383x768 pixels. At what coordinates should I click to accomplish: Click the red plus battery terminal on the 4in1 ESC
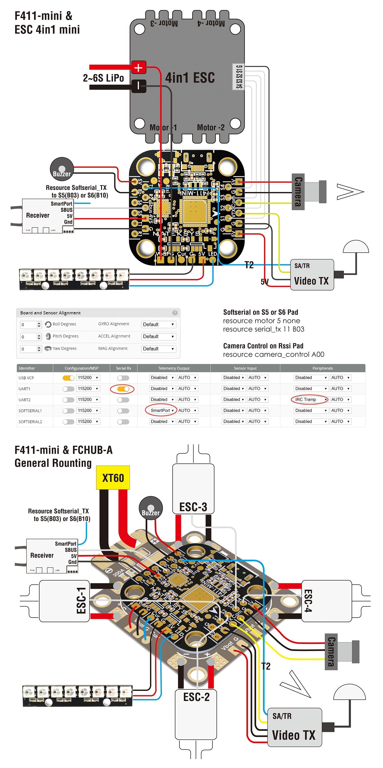[139, 68]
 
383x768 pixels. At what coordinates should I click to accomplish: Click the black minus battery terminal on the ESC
[139, 86]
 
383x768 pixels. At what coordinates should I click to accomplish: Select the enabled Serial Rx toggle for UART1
[123, 389]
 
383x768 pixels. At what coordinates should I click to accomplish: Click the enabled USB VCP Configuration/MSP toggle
[68, 378]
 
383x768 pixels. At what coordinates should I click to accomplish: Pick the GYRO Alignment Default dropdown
[159, 324]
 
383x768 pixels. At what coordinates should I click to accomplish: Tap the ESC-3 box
[193, 489]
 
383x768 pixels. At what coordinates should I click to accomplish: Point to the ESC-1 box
[64, 601]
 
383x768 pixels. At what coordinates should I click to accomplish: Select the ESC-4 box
[326, 601]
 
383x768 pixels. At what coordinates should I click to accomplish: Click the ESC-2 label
[196, 697]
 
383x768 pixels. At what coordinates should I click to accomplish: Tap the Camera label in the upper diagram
[298, 192]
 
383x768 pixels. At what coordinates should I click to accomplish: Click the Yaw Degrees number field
[28, 349]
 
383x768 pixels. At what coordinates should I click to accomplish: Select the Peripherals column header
[322, 368]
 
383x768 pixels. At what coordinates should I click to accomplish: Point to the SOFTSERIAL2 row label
[30, 422]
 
